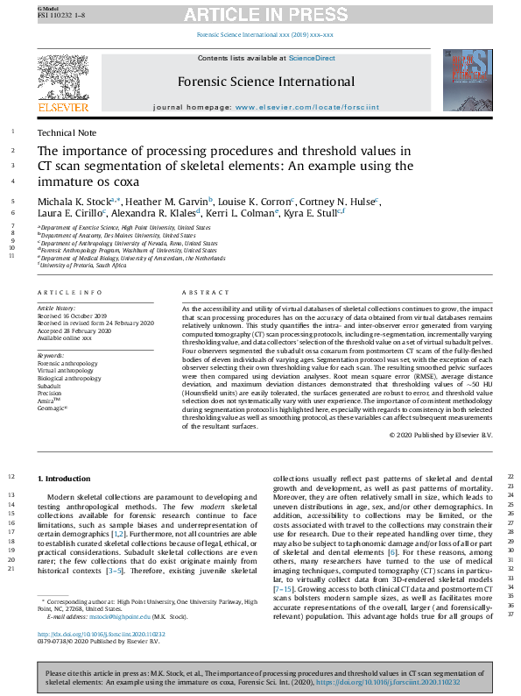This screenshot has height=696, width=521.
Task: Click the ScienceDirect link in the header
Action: (313, 58)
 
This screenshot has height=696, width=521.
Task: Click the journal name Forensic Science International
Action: (265, 82)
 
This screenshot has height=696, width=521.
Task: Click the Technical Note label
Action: (67, 132)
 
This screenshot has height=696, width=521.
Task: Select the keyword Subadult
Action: (49, 386)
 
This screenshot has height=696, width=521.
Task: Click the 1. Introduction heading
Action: (64, 478)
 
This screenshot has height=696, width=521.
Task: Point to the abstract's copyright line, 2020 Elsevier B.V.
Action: (440, 436)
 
